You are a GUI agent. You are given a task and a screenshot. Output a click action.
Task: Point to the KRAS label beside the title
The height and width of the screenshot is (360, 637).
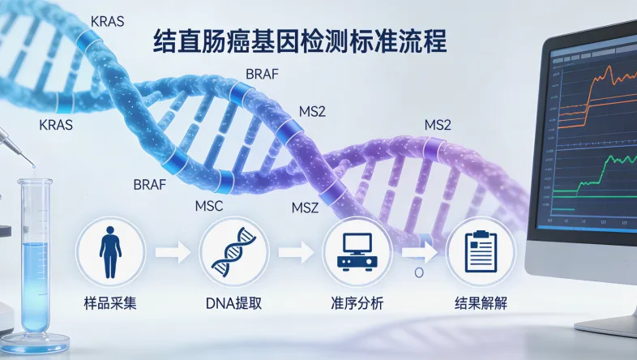[107, 21]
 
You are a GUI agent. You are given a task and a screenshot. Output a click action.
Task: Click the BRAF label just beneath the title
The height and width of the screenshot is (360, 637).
[262, 75]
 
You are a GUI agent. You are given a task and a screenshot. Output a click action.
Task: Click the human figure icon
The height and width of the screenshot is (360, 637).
[109, 252]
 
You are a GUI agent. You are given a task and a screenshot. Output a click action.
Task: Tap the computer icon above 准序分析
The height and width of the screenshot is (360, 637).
[357, 252]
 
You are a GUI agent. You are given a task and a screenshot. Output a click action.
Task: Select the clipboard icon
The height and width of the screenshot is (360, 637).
[480, 252]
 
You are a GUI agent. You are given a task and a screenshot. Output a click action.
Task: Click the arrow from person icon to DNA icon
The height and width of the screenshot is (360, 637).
[172, 253]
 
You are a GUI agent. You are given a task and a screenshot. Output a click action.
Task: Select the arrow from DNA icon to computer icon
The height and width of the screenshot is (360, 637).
[295, 253]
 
